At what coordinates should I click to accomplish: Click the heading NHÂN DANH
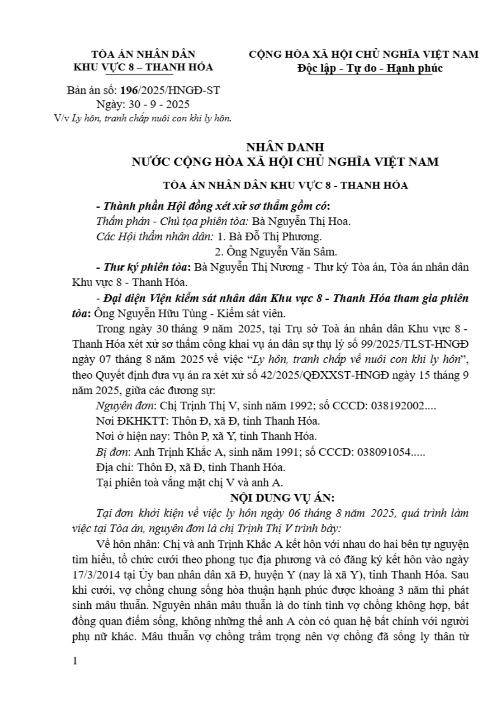coord(285,147)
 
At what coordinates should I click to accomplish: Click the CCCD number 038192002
coord(398,406)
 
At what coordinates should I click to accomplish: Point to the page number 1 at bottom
coord(75,661)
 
